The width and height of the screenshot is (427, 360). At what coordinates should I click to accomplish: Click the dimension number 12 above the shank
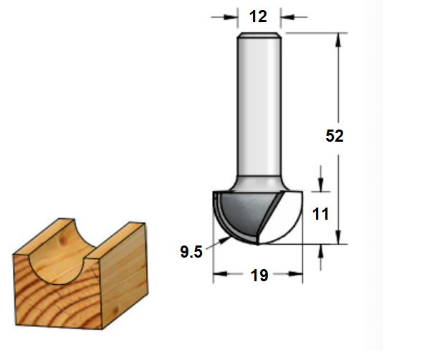click(x=258, y=16)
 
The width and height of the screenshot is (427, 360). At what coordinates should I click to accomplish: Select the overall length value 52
click(x=335, y=135)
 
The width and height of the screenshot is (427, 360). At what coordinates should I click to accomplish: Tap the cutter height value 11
click(x=320, y=214)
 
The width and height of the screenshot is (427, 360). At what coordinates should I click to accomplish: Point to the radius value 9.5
click(x=191, y=251)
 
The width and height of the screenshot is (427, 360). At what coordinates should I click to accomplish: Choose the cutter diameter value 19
click(x=259, y=276)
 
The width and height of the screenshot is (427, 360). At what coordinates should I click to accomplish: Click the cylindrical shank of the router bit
click(x=259, y=106)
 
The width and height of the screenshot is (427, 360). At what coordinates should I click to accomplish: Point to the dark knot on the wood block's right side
click(x=116, y=311)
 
